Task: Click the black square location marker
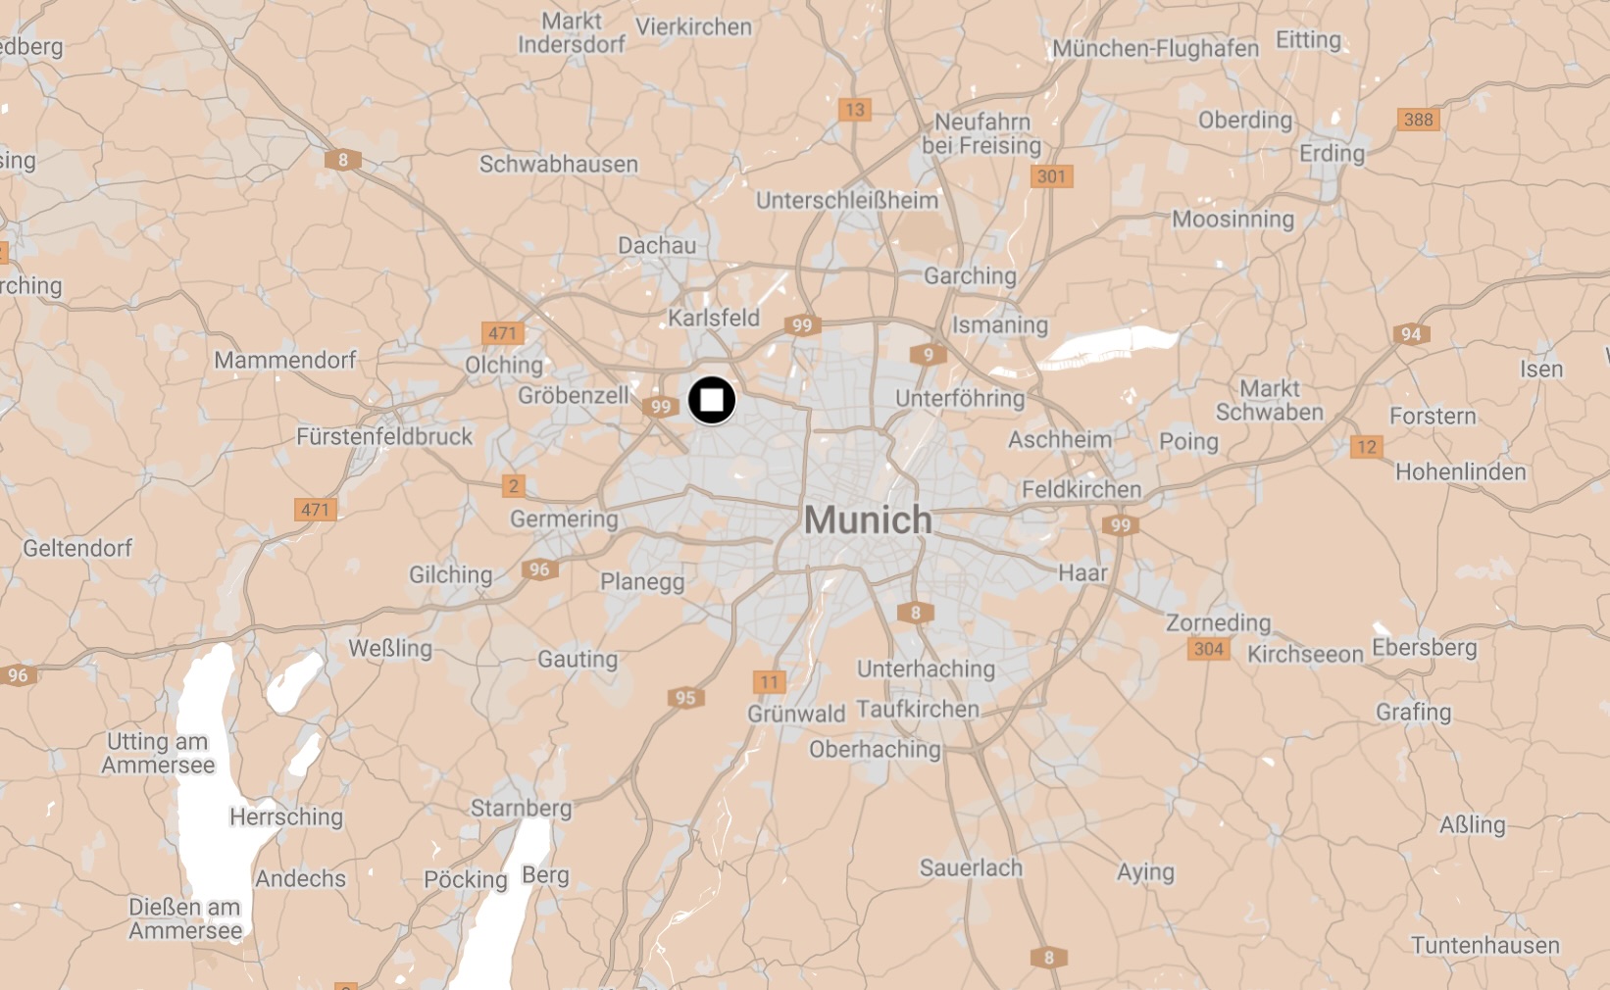point(712,400)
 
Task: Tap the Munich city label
point(868,520)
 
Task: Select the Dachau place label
point(657,245)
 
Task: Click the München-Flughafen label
point(1155,48)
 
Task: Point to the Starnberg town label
point(521,808)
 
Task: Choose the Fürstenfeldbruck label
point(384,436)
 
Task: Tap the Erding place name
point(1332,154)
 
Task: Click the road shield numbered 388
point(1418,120)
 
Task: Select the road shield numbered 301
point(1051,176)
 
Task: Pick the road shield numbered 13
point(855,110)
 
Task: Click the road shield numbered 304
point(1208,649)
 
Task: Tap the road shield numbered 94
point(1410,334)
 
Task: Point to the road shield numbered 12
point(1366,447)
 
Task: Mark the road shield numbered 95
point(685,698)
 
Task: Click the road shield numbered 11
point(769,682)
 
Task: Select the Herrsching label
point(286,817)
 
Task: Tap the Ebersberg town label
point(1424,647)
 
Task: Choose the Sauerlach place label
point(971,867)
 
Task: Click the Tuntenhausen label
point(1484,945)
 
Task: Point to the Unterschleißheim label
point(847,200)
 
